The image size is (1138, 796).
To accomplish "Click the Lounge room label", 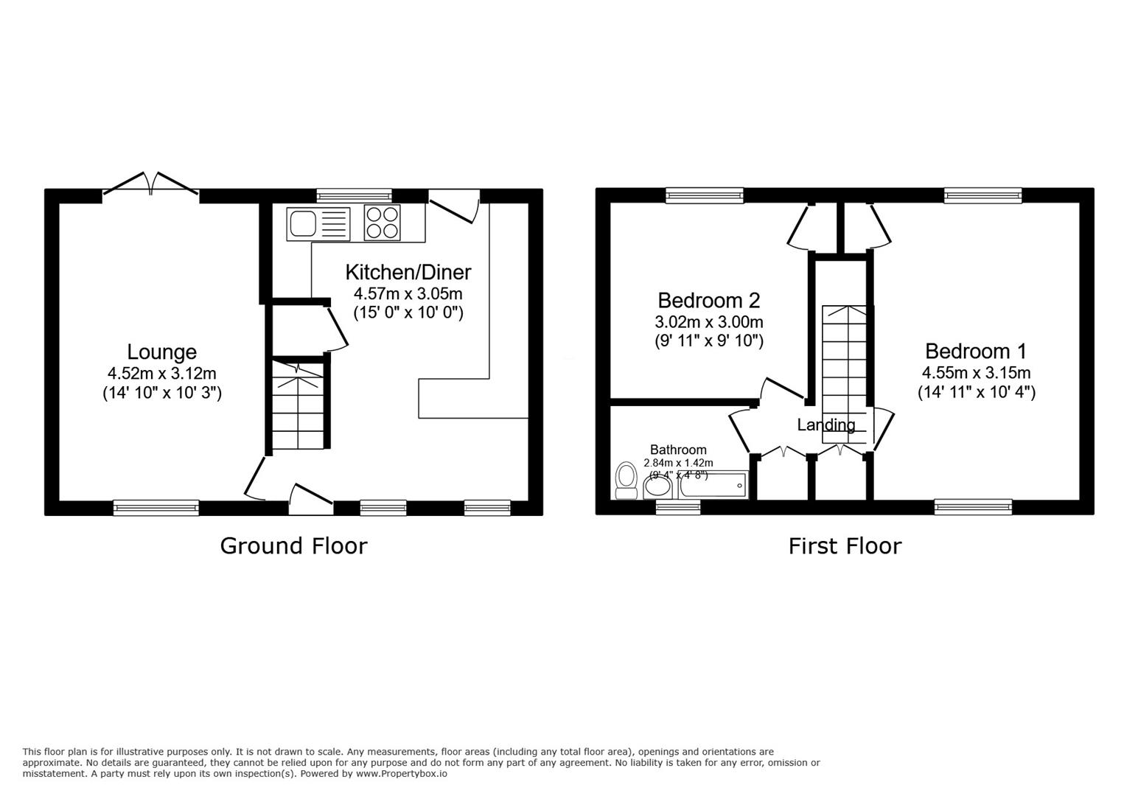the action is pyautogui.click(x=161, y=352).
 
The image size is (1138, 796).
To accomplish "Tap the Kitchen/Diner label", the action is pyautogui.click(x=408, y=272).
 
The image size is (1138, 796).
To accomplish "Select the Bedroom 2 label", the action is pyautogui.click(x=709, y=300).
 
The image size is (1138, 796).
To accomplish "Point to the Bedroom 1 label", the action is pyautogui.click(x=976, y=351).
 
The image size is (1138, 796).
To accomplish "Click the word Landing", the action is pyautogui.click(x=826, y=425).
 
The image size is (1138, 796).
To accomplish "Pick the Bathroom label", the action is pyautogui.click(x=678, y=450).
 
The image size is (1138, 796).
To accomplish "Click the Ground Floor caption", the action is pyautogui.click(x=293, y=547).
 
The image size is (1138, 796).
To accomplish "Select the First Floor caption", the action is pyautogui.click(x=845, y=547).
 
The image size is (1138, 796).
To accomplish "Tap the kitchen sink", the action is pyautogui.click(x=318, y=223).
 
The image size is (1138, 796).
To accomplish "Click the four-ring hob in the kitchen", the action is pyautogui.click(x=382, y=223).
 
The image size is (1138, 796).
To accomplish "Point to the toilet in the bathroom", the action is pyautogui.click(x=626, y=481).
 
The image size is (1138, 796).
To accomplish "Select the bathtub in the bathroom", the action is pyautogui.click(x=713, y=485).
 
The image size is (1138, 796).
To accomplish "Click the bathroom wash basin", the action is pyautogui.click(x=658, y=487).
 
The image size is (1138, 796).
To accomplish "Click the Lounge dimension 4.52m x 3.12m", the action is pyautogui.click(x=161, y=374).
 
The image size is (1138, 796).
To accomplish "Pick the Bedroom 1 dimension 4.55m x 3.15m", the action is pyautogui.click(x=976, y=373).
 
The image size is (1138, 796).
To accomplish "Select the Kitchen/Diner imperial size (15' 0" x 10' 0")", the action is pyautogui.click(x=408, y=312).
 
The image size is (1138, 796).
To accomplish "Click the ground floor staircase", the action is pyautogui.click(x=298, y=405).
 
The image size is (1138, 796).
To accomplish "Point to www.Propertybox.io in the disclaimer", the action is pyautogui.click(x=402, y=774).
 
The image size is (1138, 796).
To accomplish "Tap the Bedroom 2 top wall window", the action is pyautogui.click(x=705, y=195).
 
